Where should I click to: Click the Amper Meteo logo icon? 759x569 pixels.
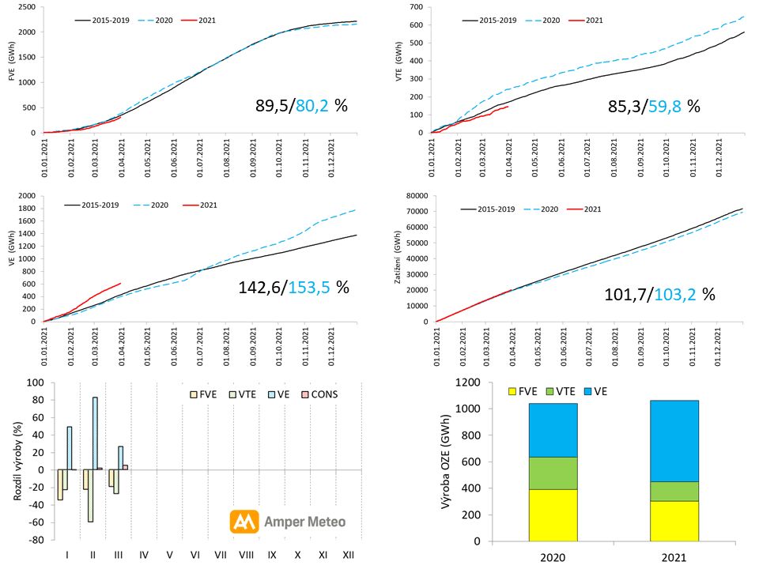246,522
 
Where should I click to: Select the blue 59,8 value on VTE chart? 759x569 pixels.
663,104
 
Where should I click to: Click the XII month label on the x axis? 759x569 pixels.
348,555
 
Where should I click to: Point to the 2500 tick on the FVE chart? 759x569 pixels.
26,7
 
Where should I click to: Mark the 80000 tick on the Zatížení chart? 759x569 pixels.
413,196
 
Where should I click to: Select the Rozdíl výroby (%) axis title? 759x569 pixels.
17,461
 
